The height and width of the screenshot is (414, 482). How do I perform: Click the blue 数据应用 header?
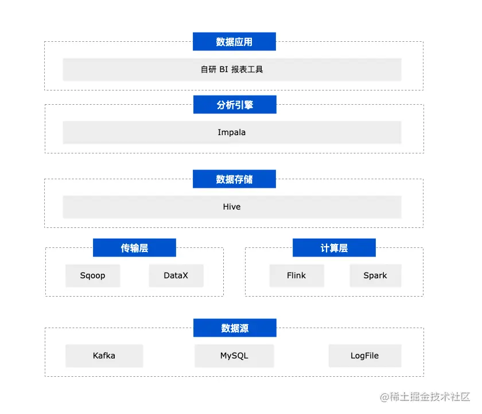point(234,42)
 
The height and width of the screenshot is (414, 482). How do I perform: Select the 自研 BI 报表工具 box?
point(232,69)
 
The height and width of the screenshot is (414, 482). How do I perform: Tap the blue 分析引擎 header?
point(235,105)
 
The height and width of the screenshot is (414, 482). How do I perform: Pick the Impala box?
point(232,132)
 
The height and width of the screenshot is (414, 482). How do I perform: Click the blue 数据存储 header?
point(234,179)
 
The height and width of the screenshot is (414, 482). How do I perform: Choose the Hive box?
point(232,207)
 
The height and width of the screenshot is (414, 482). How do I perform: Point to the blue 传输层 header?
point(134,248)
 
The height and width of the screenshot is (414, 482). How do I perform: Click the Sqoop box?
point(93,275)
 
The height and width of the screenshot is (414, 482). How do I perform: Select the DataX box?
point(176,275)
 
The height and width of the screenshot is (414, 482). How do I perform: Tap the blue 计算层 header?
point(334,248)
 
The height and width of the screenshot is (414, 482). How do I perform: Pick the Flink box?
point(297,275)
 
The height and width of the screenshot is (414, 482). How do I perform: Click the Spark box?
point(375,275)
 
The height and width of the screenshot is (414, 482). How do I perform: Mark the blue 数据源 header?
point(235,328)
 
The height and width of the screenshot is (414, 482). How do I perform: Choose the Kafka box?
point(104,356)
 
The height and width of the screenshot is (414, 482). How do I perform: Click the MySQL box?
point(234,356)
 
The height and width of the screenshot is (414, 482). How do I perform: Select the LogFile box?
point(364,356)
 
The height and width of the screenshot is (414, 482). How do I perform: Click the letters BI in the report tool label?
point(224,70)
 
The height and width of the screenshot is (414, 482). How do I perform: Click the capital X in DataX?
point(184,275)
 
